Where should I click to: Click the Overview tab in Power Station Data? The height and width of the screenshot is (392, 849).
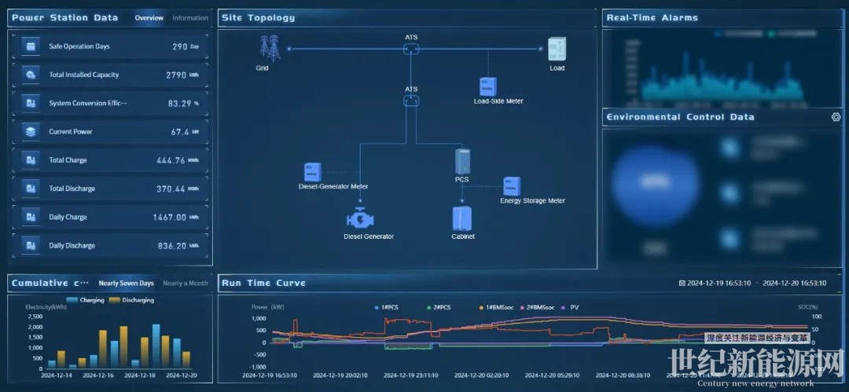tap(149, 17)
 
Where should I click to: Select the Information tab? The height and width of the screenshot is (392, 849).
tap(190, 17)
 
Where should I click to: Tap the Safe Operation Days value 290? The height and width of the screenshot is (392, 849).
tap(180, 46)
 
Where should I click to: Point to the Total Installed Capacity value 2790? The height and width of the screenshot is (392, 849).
tap(176, 75)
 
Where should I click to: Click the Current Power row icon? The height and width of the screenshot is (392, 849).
tap(31, 132)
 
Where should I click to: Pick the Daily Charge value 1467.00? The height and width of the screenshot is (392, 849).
tap(171, 217)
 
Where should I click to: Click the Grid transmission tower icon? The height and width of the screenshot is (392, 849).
tap(270, 49)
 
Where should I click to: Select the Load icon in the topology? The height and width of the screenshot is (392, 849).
tap(557, 49)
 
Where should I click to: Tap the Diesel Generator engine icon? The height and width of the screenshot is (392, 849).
tap(369, 218)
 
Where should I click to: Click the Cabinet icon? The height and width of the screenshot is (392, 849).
tap(462, 218)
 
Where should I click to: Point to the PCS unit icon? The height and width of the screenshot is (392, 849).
tap(462, 161)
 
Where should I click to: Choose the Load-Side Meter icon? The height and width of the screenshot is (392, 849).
tap(488, 86)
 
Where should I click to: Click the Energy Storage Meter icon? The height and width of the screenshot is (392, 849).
tap(512, 186)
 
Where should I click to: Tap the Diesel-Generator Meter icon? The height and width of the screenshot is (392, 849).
tap(313, 171)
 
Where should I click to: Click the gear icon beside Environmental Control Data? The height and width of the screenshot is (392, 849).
tap(836, 117)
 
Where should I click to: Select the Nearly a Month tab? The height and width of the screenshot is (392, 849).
tap(186, 283)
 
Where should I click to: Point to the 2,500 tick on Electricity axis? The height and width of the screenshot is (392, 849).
tap(35, 316)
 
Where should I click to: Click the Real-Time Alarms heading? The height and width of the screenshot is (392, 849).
tap(652, 17)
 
